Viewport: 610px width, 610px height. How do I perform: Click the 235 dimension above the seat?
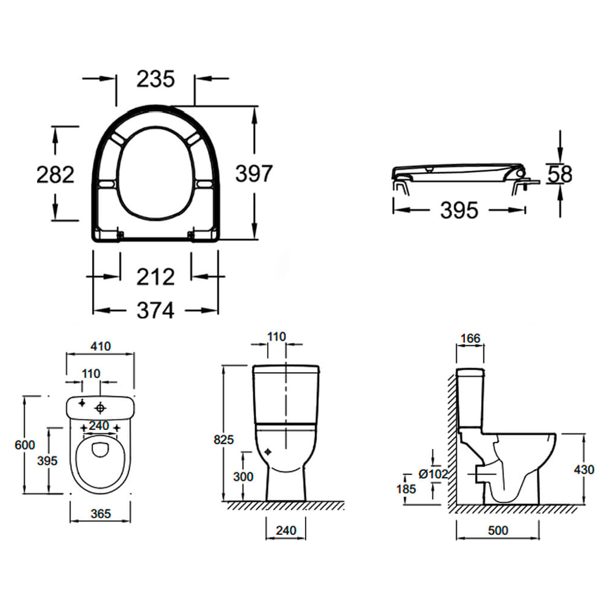tap(156, 79)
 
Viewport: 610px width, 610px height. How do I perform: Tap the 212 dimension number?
tap(156, 277)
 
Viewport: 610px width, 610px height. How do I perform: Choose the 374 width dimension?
tap(156, 310)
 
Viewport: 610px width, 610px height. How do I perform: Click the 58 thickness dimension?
tap(559, 174)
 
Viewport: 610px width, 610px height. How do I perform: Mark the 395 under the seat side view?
tap(459, 210)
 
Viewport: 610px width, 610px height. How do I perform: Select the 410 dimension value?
tap(101, 346)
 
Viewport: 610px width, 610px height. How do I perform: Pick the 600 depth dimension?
tap(25, 445)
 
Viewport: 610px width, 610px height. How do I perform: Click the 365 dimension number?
tap(101, 514)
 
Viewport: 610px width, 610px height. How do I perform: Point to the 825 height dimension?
tap(224, 439)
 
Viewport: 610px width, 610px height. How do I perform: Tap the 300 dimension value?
tap(243, 476)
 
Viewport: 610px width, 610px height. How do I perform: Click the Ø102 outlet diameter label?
tap(434, 474)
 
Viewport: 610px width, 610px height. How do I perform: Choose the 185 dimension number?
tap(406, 489)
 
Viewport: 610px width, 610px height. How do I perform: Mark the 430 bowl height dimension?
tap(584, 470)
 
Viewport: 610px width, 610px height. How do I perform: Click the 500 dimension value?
tap(498, 531)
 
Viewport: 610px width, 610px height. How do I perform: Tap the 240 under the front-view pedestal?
tap(285, 531)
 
